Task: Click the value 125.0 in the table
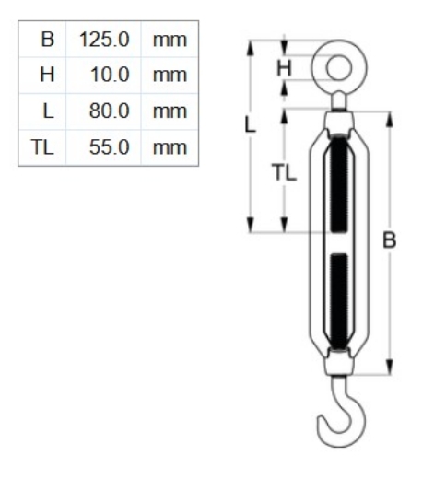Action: click(x=106, y=41)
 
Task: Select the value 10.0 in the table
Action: click(x=110, y=76)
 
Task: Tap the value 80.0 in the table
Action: click(x=110, y=111)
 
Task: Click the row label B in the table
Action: click(x=46, y=41)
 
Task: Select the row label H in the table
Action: click(x=46, y=76)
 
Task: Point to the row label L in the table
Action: click(x=47, y=111)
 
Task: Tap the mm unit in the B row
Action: click(x=170, y=41)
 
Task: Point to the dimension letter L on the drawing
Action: click(x=251, y=125)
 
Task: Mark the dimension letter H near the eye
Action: click(x=284, y=66)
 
